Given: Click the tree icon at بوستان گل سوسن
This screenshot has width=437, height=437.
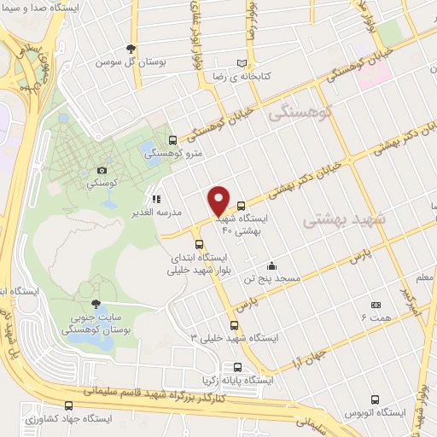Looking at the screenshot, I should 131,49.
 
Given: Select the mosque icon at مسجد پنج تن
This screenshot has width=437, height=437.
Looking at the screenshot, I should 271,265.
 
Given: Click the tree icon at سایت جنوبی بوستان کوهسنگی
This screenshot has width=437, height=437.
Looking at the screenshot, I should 96,305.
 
